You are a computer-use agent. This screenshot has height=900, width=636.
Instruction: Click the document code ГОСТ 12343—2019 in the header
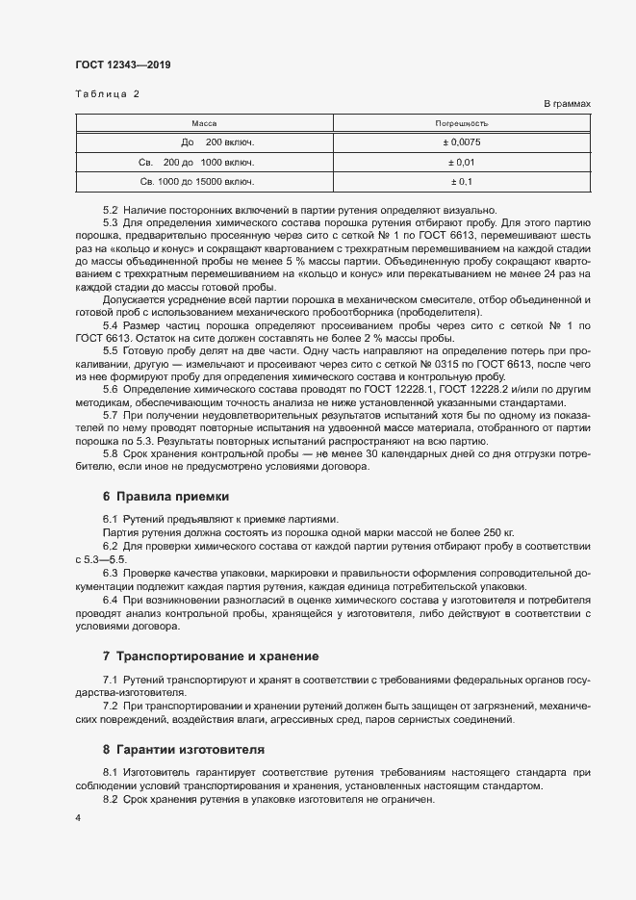coord(123,65)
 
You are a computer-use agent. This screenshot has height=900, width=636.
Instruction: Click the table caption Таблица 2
coord(107,93)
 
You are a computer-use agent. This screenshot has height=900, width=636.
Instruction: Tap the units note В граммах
coord(568,103)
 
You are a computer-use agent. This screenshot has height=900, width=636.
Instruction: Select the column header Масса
coord(204,123)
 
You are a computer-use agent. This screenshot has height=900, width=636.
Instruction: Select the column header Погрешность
coord(462,123)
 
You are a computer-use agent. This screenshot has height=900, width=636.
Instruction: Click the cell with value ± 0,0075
coord(462,142)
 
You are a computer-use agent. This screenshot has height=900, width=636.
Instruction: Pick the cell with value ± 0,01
coord(462,162)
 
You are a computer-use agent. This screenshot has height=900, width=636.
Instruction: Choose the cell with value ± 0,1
coord(462,181)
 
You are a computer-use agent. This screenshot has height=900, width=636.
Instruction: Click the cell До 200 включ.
coord(204,142)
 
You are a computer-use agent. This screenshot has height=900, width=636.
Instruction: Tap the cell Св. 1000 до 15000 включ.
coord(197,181)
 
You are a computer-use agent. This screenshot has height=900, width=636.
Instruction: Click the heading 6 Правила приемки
coord(165,497)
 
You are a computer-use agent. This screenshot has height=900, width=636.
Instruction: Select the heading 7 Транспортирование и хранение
coord(210,656)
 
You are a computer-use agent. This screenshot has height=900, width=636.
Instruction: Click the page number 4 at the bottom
coord(78,817)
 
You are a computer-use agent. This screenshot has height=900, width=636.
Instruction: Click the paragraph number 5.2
coord(110,210)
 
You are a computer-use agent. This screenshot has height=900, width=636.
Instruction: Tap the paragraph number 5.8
coord(110,453)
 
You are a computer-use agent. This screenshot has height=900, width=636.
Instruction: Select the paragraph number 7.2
coord(110,706)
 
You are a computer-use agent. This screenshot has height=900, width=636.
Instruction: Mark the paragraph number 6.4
coord(110,600)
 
